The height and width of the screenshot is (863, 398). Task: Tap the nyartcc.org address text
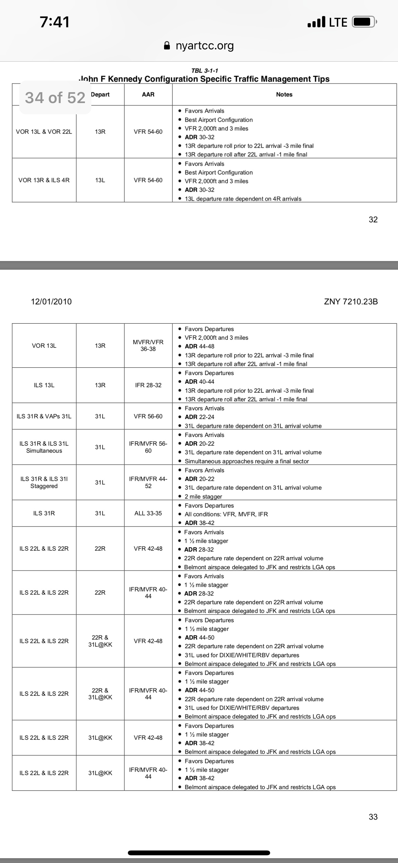204,46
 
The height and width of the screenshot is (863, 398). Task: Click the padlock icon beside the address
167,46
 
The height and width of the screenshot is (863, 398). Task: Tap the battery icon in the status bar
363,22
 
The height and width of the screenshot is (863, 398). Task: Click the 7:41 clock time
54,22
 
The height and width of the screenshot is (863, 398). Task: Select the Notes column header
284,94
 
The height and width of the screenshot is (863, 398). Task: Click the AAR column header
148,94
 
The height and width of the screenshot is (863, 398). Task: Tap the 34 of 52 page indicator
55,98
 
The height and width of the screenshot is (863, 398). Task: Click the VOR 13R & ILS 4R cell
44,180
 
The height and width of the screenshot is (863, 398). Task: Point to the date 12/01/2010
51,301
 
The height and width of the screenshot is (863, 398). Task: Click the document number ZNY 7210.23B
351,301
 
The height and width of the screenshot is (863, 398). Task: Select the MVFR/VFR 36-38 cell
148,345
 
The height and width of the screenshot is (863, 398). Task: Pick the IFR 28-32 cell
148,385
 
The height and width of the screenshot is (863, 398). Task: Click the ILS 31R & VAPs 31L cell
44,416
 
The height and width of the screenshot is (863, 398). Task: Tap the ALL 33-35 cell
148,513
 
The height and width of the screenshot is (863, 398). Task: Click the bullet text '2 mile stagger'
203,496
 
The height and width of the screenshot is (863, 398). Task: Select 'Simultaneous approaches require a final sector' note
246,461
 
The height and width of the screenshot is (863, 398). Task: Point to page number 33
373,817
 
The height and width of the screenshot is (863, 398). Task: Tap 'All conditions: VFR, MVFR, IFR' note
226,514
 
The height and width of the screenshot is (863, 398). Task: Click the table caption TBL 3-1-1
204,71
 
